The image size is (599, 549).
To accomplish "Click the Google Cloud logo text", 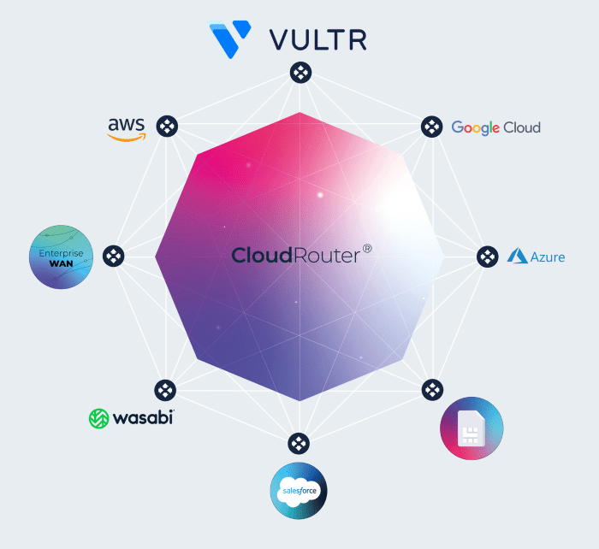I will pyautogui.click(x=495, y=127).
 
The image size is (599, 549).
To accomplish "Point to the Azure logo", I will pyautogui.click(x=537, y=256).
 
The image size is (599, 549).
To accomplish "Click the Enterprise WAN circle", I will pyautogui.click(x=60, y=256).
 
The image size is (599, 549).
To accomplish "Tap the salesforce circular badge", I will pyautogui.click(x=299, y=491).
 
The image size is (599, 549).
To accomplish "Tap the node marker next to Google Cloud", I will pyautogui.click(x=431, y=127).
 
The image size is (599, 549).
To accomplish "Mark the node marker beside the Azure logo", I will pyautogui.click(x=487, y=256).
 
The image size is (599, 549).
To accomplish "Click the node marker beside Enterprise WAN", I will pyautogui.click(x=114, y=256).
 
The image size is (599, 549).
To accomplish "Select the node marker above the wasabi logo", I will pyautogui.click(x=165, y=389).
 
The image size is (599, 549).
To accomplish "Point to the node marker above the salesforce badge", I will pyautogui.click(x=299, y=443).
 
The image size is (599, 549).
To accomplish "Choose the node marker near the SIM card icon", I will pyautogui.click(x=431, y=389).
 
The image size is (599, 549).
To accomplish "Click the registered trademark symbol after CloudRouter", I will pyautogui.click(x=366, y=249).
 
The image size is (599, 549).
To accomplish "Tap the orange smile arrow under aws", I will pyautogui.click(x=127, y=137).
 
